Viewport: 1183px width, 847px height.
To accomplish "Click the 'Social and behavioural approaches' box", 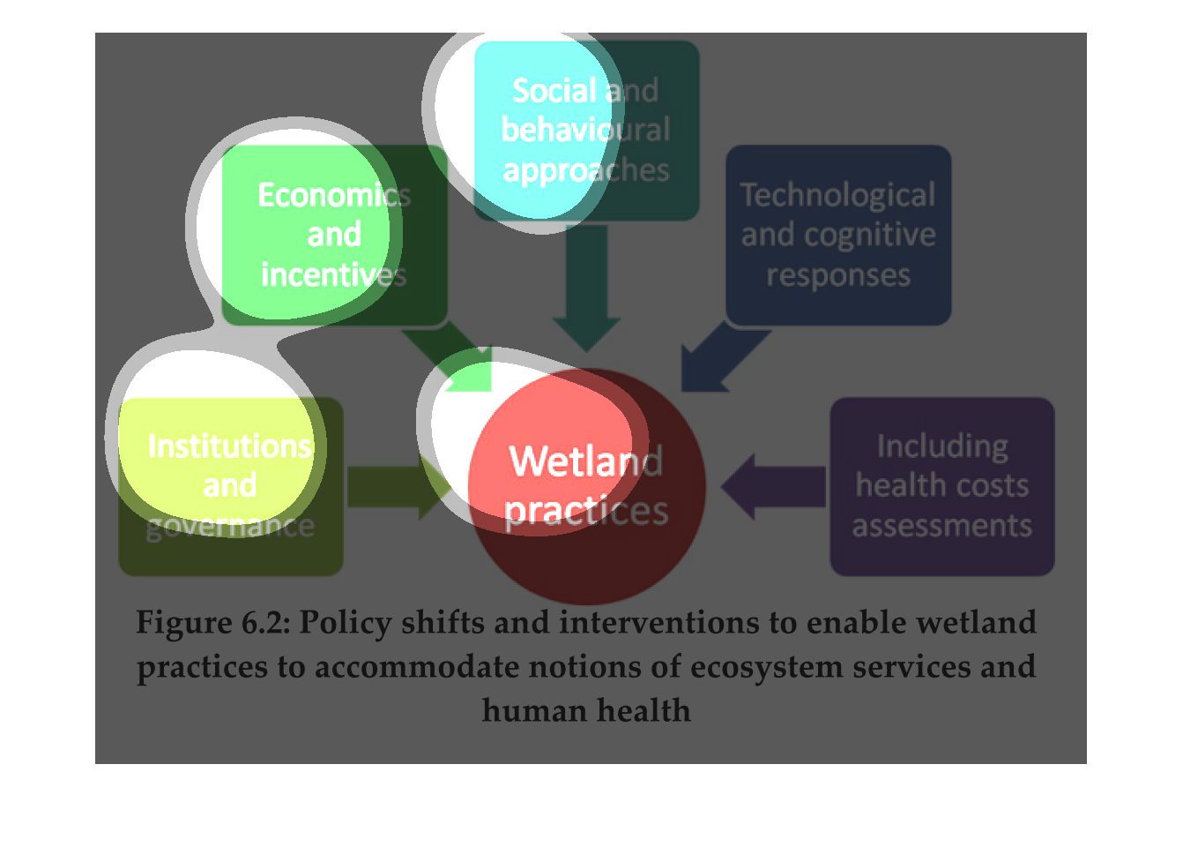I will click(x=586, y=130).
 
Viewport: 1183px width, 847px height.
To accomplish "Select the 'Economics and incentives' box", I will click(x=334, y=235).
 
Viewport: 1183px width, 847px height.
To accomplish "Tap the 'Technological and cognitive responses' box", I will click(x=837, y=235).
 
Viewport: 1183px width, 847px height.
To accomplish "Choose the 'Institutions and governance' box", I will click(x=230, y=486).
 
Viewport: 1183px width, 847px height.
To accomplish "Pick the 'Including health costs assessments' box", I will click(x=941, y=486).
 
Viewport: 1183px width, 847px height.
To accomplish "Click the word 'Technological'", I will click(x=837, y=195).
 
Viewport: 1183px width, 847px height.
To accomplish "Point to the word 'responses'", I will click(x=837, y=275).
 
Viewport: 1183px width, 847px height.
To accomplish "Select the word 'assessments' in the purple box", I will click(x=941, y=526).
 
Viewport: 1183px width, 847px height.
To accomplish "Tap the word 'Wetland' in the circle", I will click(x=586, y=461).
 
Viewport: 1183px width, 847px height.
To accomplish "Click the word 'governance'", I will click(x=230, y=527).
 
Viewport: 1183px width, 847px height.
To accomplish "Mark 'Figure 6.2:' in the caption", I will click(x=212, y=623).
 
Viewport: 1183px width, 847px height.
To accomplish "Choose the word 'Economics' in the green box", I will click(x=334, y=195).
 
